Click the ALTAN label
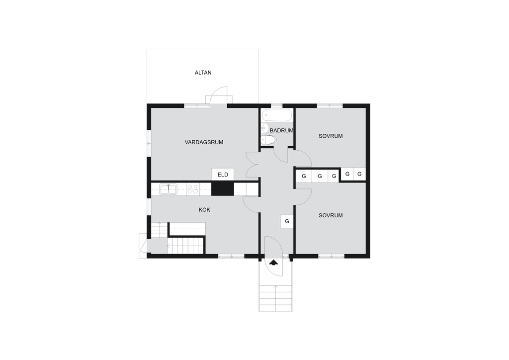pos(203,73)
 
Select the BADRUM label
pos(281,130)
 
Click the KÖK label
pos(204,210)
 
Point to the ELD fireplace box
pos(223,175)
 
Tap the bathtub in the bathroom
pos(277,115)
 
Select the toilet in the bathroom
pos(268,140)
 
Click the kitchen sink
pos(168,189)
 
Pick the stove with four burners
pos(193,189)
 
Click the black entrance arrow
pos(273,262)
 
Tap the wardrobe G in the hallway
pos(287,221)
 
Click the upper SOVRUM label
pos(331,136)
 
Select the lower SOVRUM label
pos(331,215)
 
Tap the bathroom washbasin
pos(265,128)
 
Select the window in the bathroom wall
pos(276,105)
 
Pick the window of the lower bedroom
pos(331,257)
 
